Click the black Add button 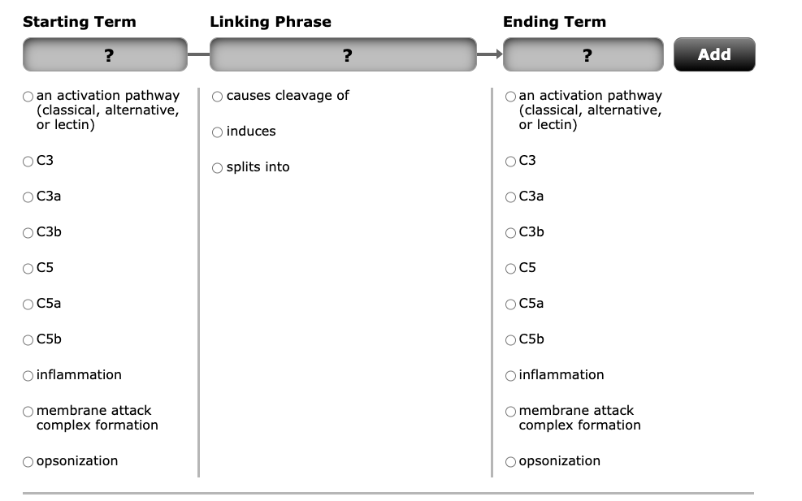pyautogui.click(x=713, y=54)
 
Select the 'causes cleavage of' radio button pyautogui.click(x=217, y=96)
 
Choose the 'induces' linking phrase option pyautogui.click(x=217, y=132)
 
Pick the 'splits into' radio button pyautogui.click(x=217, y=167)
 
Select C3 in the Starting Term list pyautogui.click(x=28, y=161)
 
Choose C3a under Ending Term pyautogui.click(x=511, y=197)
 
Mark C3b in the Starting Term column pyautogui.click(x=28, y=232)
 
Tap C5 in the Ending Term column pyautogui.click(x=511, y=268)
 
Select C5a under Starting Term pyautogui.click(x=28, y=304)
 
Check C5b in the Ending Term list pyautogui.click(x=511, y=339)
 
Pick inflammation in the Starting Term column pyautogui.click(x=28, y=375)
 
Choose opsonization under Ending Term pyautogui.click(x=511, y=461)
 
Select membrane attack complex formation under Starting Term pyautogui.click(x=28, y=411)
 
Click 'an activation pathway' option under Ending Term pyautogui.click(x=511, y=96)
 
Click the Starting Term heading pyautogui.click(x=80, y=22)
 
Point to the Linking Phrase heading pyautogui.click(x=271, y=22)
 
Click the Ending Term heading pyautogui.click(x=554, y=22)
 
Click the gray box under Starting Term pyautogui.click(x=106, y=55)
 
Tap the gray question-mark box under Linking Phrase pyautogui.click(x=343, y=55)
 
